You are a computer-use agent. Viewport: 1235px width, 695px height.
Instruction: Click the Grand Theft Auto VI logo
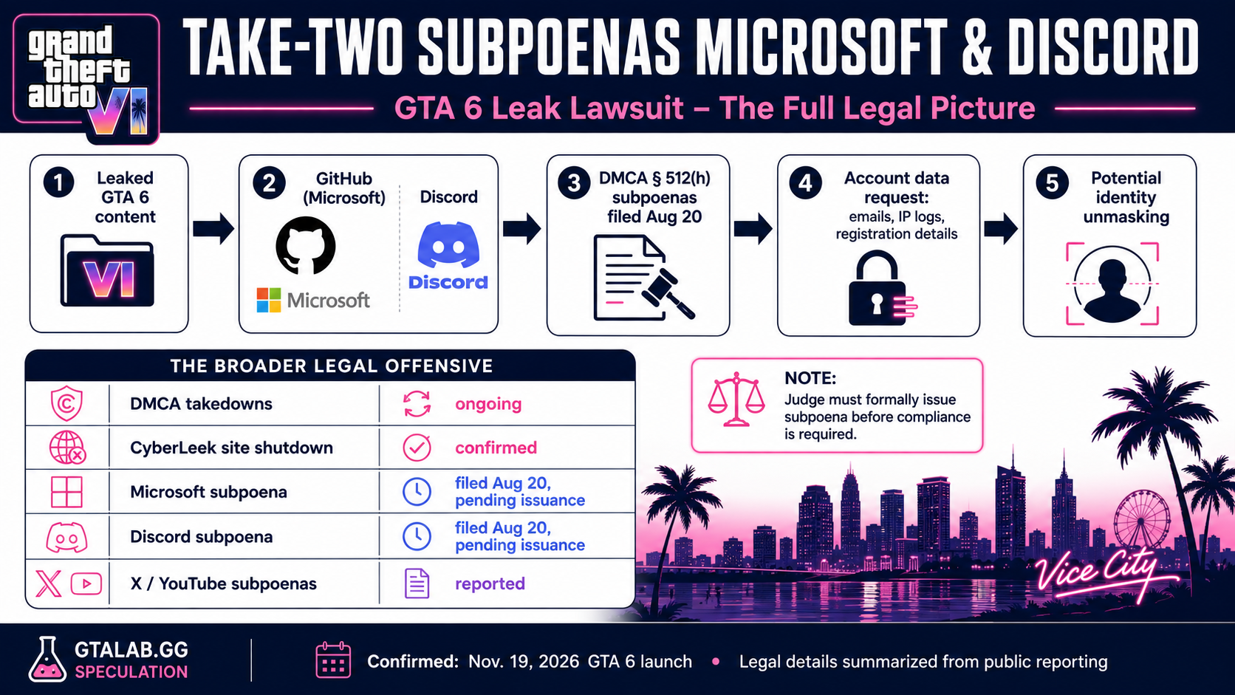[x=86, y=80]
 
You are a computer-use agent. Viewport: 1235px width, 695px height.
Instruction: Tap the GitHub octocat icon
[x=306, y=245]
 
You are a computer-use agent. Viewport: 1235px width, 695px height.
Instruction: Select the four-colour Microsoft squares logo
[x=269, y=300]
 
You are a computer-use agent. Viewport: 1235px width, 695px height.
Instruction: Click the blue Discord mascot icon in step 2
[x=448, y=244]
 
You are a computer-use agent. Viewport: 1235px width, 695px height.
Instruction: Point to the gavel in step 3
[x=668, y=292]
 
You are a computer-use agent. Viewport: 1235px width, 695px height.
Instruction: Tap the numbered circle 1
[x=58, y=182]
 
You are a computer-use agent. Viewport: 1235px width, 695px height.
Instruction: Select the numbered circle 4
[x=805, y=182]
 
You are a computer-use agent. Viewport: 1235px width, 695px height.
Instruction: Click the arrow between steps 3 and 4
[x=753, y=228]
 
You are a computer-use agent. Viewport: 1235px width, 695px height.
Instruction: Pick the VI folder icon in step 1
[x=107, y=270]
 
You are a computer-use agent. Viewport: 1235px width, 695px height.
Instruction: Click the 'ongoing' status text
[x=488, y=404]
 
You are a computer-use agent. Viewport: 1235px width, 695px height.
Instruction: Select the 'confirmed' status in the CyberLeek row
[x=496, y=448]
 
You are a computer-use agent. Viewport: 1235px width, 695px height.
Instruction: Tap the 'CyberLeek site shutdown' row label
[x=232, y=448]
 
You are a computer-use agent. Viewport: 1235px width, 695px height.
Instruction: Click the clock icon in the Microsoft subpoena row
[x=417, y=491]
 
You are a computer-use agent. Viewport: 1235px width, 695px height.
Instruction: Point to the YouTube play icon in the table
[x=86, y=583]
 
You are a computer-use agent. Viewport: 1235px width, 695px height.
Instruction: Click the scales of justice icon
[x=736, y=399]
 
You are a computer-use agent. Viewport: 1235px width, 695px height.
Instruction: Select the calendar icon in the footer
[x=333, y=660]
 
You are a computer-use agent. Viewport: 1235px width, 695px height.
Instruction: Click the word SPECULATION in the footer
[x=131, y=672]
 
